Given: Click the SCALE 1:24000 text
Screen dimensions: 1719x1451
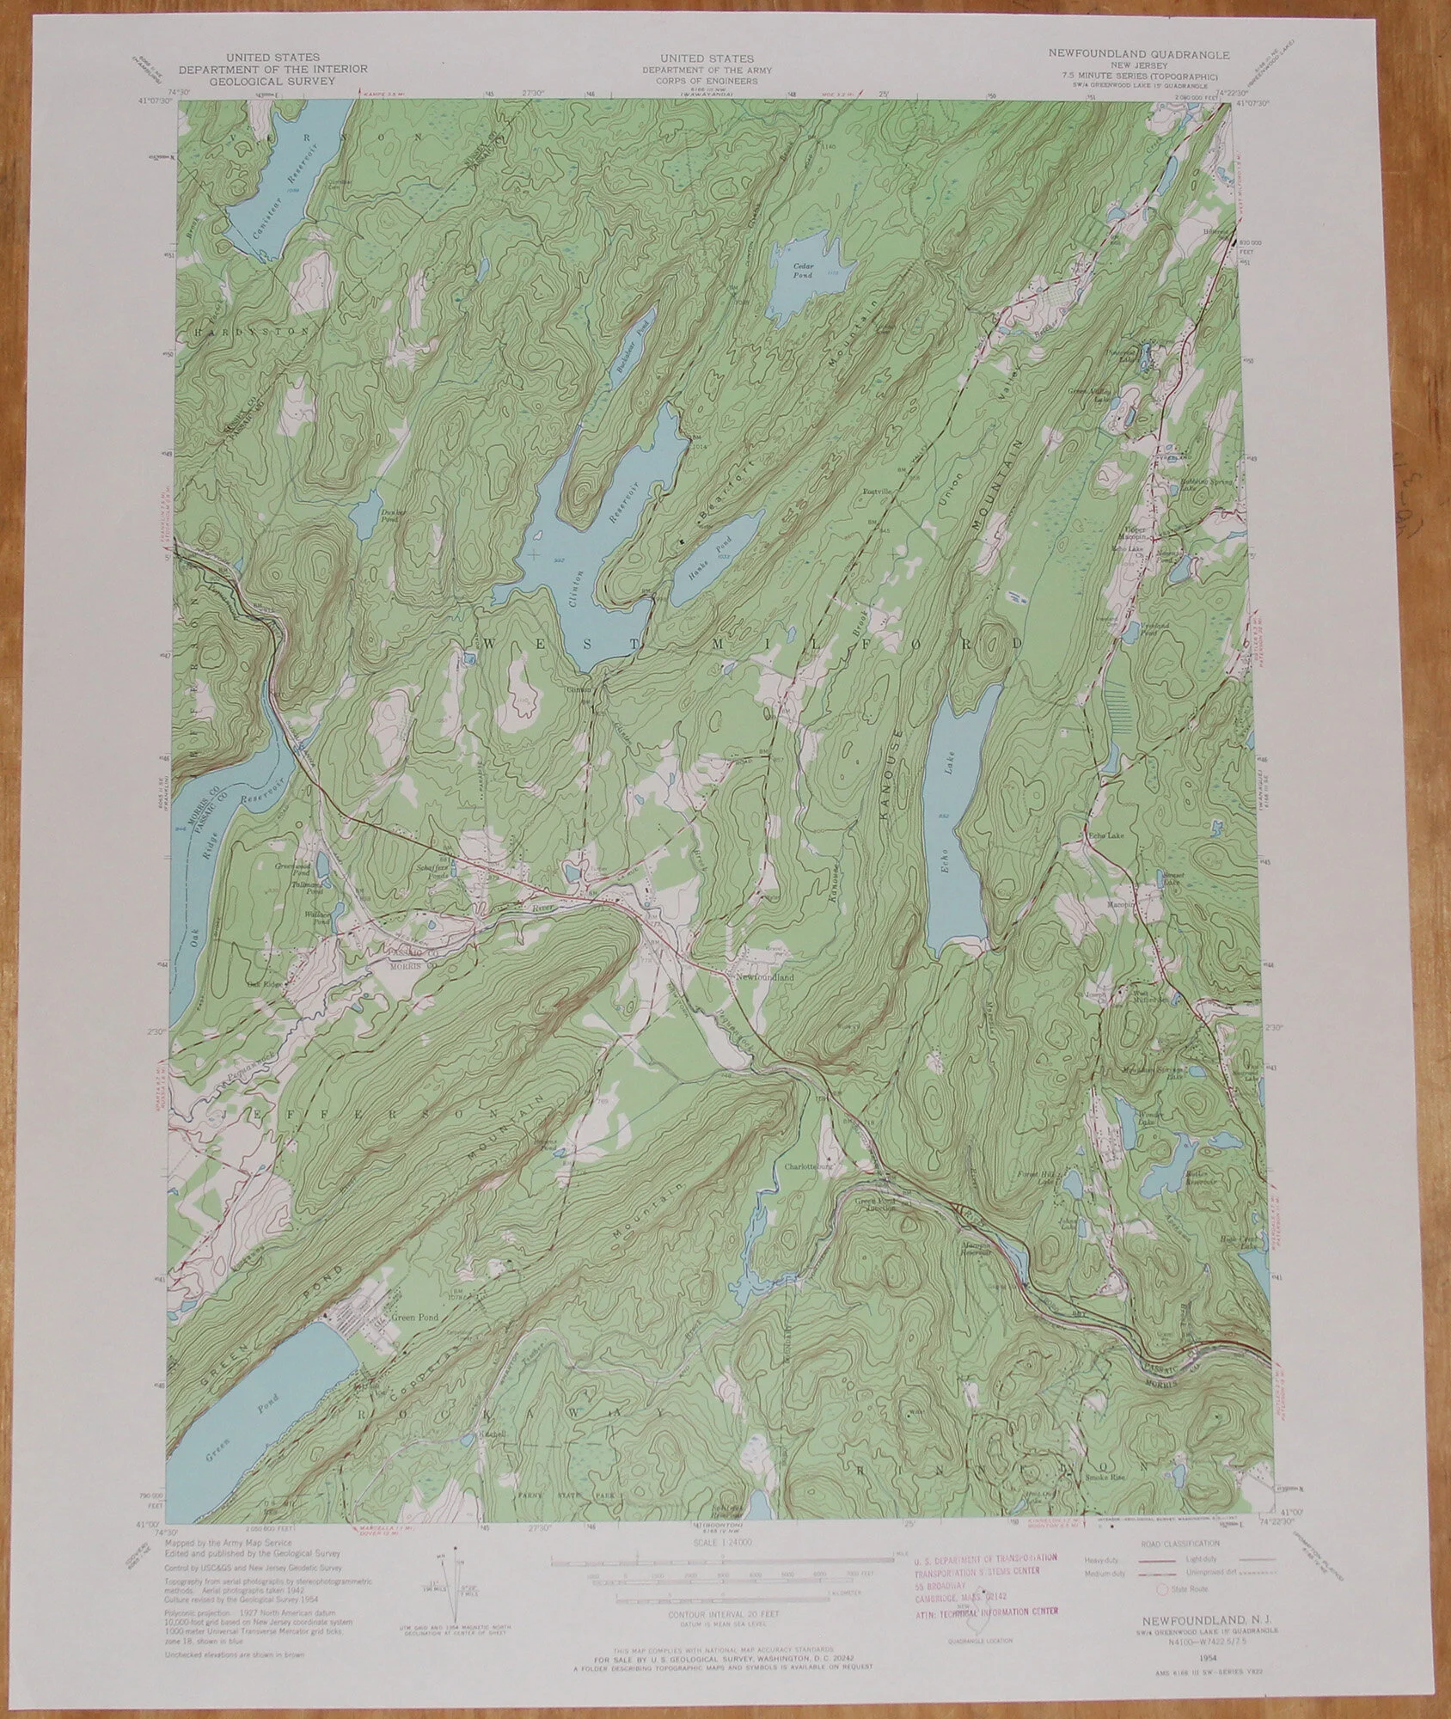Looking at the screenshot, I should pos(725,1543).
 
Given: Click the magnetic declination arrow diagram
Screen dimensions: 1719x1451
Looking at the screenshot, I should pos(456,1579).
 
